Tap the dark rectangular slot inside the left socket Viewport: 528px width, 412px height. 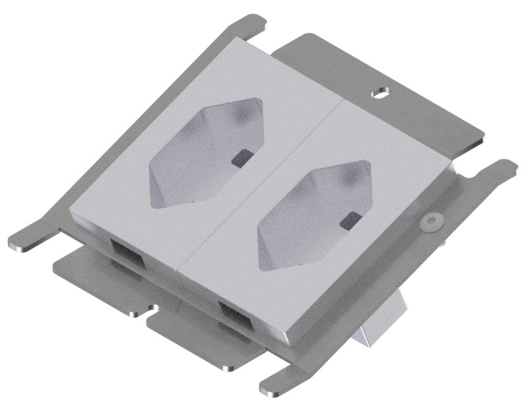[x=242, y=157]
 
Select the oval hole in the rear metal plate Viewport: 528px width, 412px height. [x=380, y=92]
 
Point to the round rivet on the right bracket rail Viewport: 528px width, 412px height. [x=432, y=222]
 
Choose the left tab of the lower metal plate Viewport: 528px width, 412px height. [x=99, y=284]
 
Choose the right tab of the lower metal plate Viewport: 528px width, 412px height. [x=198, y=343]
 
